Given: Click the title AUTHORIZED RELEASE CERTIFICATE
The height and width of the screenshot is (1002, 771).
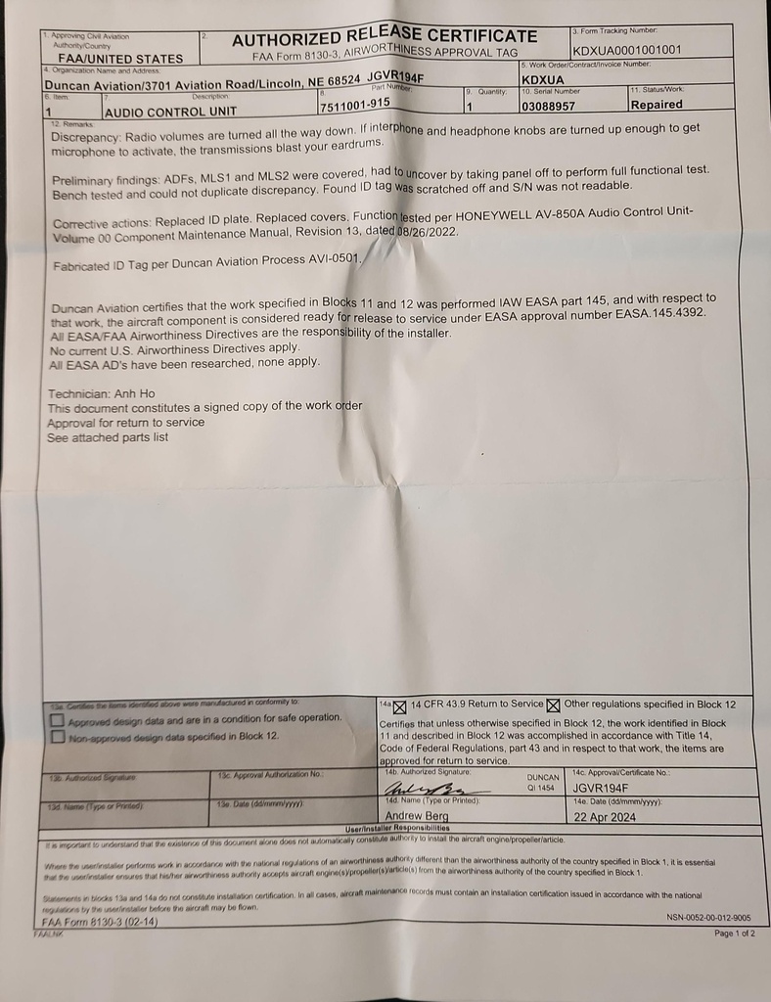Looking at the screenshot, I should pos(384,37).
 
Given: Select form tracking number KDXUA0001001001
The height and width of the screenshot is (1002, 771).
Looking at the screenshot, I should pos(626,50).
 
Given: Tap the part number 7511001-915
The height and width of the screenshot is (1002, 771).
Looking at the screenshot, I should pos(354,103).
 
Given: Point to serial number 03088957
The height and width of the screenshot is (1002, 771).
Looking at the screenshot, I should pos(549,105).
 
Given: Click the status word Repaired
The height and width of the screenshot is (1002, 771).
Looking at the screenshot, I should pos(657,105).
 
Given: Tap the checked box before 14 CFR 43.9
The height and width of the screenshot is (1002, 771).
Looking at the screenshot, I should pos(399,706).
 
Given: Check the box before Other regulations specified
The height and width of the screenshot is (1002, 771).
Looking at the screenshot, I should pos(554,705).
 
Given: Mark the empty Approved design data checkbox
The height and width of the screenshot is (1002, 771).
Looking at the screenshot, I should pos(58,719).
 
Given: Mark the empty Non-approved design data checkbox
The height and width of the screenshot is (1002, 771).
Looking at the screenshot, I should pos(58,736).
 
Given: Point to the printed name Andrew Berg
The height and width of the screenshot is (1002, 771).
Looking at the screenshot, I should pos(417,815).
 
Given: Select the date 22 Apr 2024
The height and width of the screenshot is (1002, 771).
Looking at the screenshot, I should pos(605,816).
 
